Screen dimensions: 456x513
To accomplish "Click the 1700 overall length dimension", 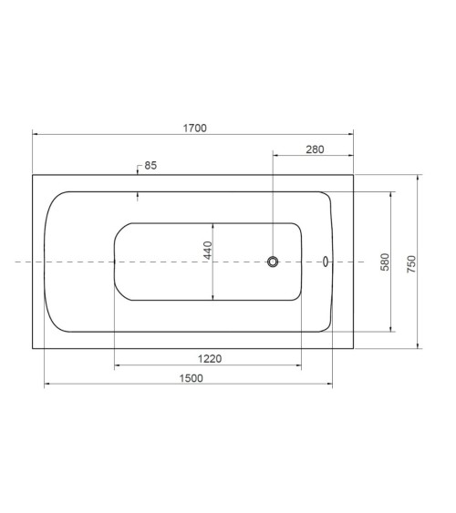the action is coord(195,128).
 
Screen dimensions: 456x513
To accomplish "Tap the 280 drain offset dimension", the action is coord(315,149).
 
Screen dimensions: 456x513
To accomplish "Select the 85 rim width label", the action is coord(150,166).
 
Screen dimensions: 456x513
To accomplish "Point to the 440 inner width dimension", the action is coord(208,251).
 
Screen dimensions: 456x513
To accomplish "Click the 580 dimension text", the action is coord(385,262).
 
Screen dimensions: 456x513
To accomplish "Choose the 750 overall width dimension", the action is coord(411,264).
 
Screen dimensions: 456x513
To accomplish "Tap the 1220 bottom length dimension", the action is coord(210,359).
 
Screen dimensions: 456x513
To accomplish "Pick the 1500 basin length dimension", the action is coord(192,378).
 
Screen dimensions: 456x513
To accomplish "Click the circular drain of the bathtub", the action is coord(273,262).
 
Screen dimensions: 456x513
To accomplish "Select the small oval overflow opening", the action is coord(326,262).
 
